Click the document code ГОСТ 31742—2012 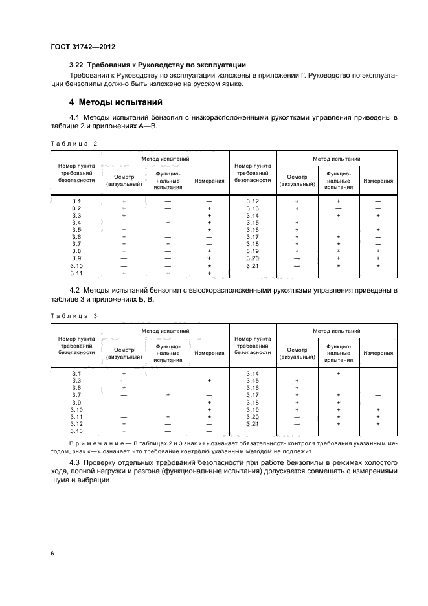pyautogui.click(x=83, y=46)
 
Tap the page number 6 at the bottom pyautogui.click(x=52, y=554)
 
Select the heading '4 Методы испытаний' pyautogui.click(x=112, y=102)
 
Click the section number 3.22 pyautogui.click(x=77, y=65)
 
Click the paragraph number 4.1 pyautogui.click(x=76, y=117)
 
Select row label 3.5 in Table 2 pyautogui.click(x=76, y=230)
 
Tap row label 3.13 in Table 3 pyautogui.click(x=76, y=431)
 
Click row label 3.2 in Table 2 pyautogui.click(x=76, y=208)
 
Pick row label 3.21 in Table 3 pyautogui.click(x=253, y=423)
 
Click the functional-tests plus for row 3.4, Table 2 pyautogui.click(x=168, y=223)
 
